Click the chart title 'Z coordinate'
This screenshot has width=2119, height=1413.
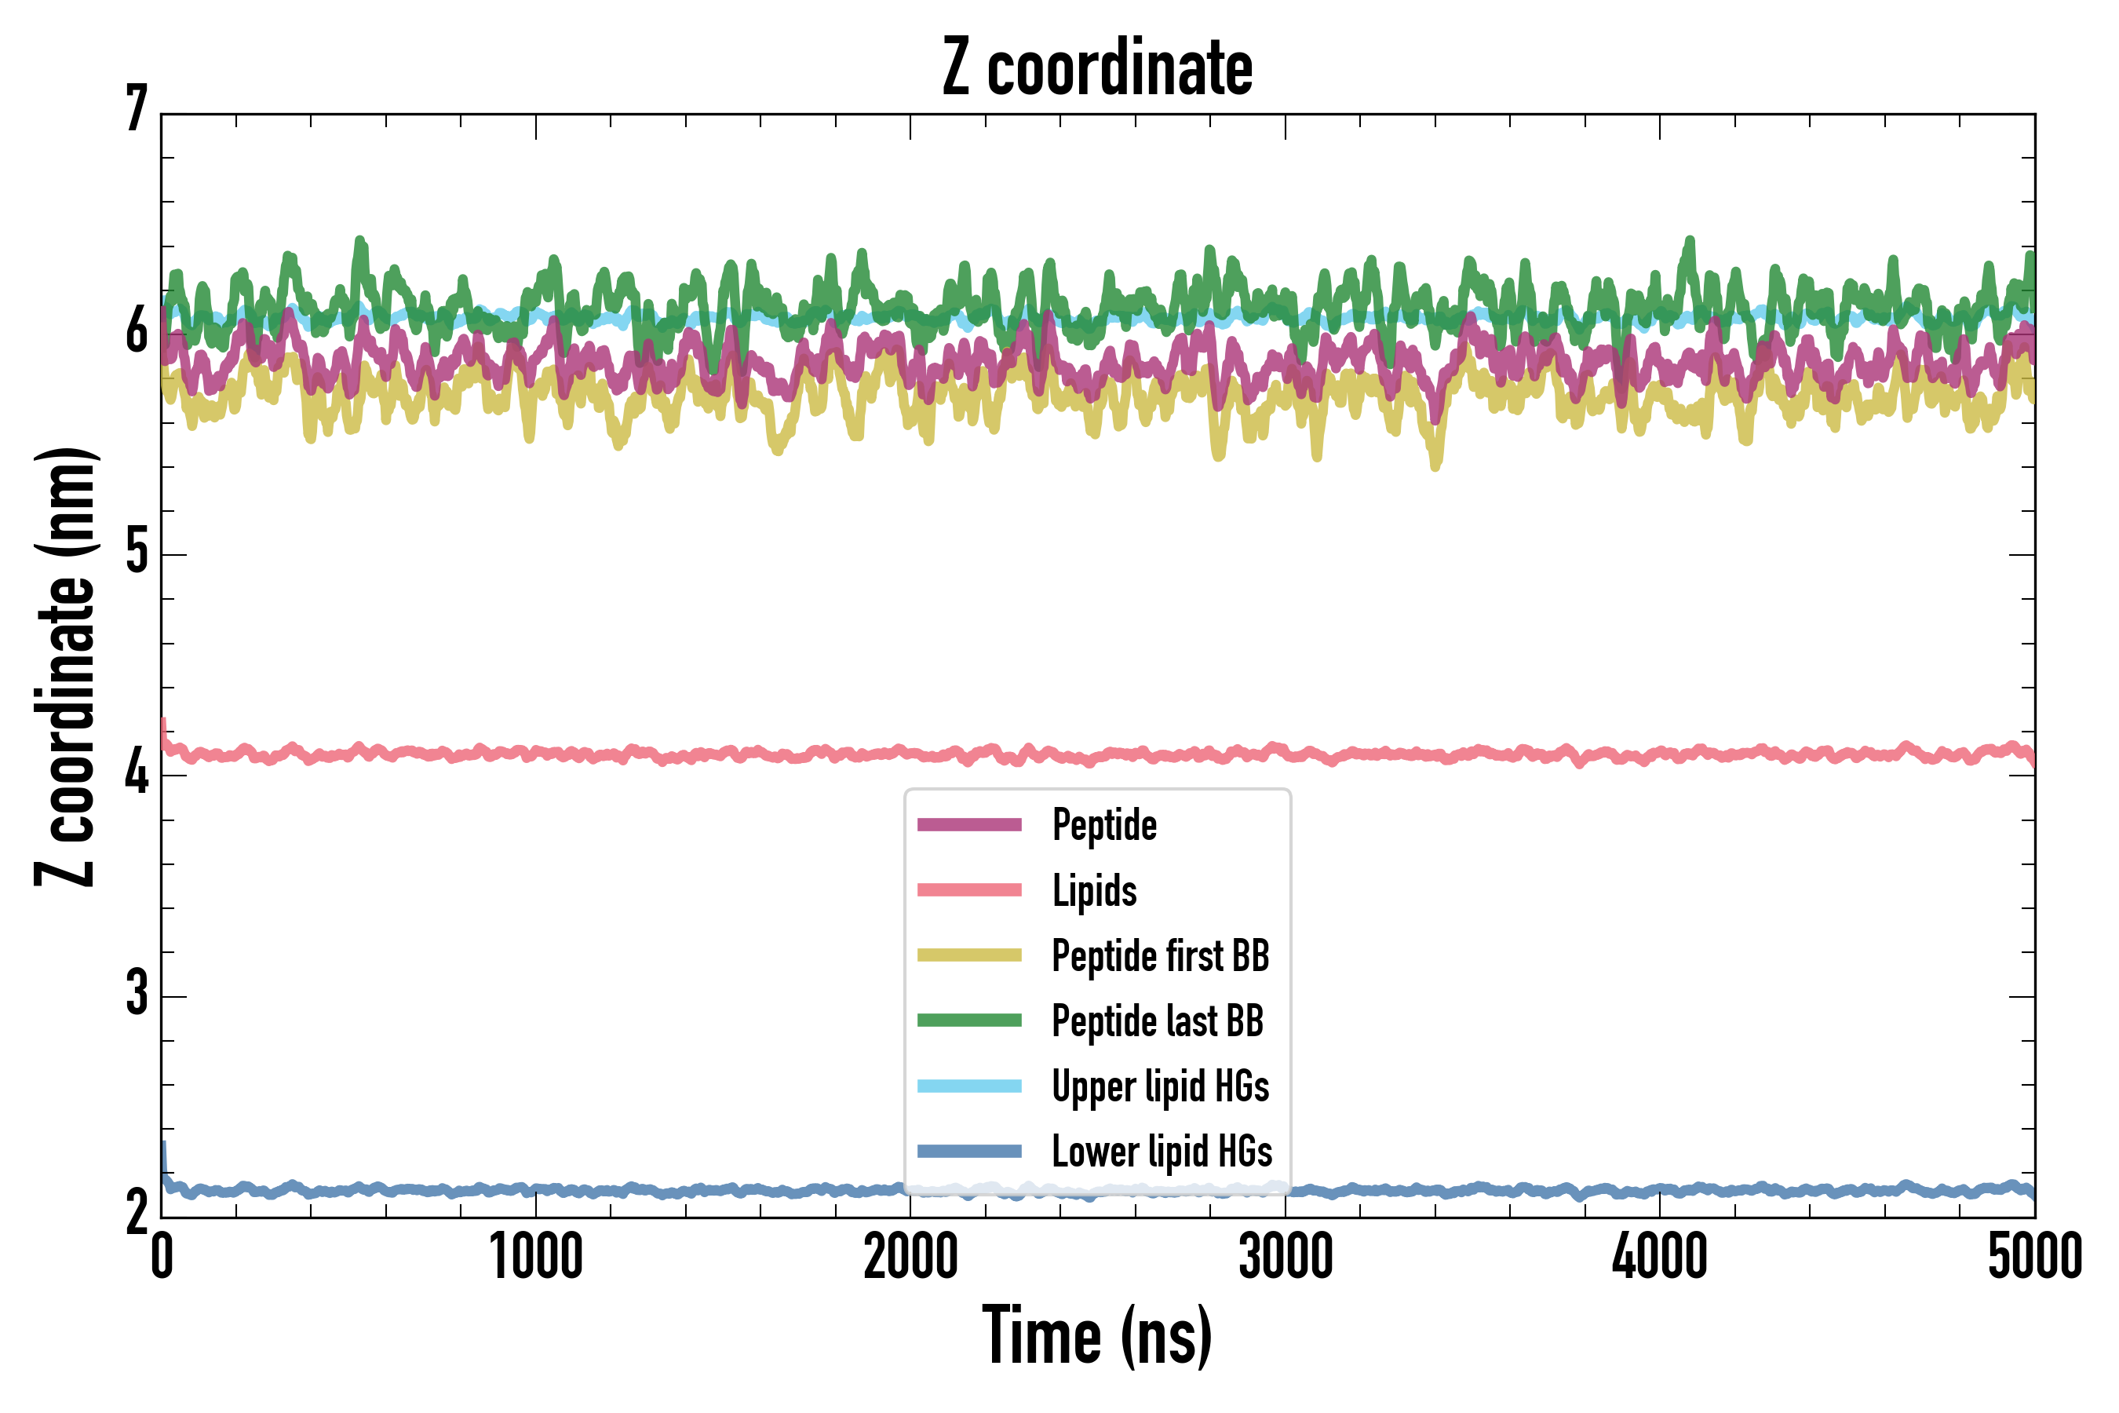pos(1096,68)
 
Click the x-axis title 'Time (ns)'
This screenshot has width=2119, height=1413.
pos(1096,1335)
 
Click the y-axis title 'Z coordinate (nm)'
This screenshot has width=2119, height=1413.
pos(65,666)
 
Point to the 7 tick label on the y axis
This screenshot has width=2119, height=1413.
pos(137,110)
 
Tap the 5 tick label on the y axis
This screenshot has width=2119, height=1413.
pos(137,552)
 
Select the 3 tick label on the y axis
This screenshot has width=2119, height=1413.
pos(137,994)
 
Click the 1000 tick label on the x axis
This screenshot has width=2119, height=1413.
pos(536,1256)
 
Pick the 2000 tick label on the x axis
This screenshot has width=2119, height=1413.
pos(910,1256)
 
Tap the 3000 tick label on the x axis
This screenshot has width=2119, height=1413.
pos(1285,1256)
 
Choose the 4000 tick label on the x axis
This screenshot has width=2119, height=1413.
pos(1660,1256)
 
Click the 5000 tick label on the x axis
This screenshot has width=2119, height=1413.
pos(2034,1256)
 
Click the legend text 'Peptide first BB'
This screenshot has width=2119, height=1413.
pos(1161,955)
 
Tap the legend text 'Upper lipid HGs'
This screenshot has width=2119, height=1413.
pos(1161,1086)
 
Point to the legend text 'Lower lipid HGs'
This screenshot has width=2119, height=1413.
pos(1162,1152)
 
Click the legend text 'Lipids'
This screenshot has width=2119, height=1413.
pos(1095,890)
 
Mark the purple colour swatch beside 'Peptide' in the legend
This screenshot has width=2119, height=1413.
pos(969,824)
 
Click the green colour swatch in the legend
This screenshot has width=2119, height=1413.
pos(969,1020)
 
